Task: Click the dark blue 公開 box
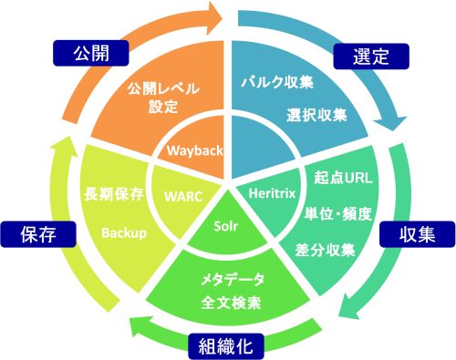(85, 53)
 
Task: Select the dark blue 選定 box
(369, 55)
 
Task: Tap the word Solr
(226, 224)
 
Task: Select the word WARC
(182, 195)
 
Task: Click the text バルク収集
(277, 82)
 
